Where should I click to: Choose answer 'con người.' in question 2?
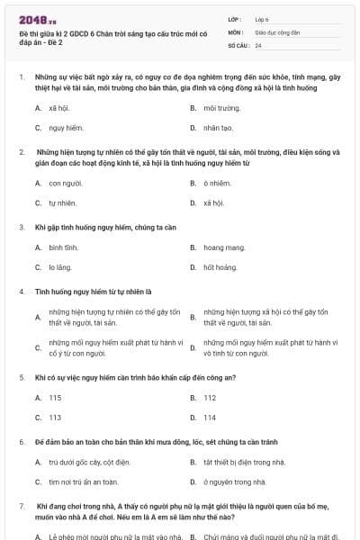coord(66,183)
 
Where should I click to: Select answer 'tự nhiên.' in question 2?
coord(63,202)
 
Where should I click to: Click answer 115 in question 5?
coord(56,397)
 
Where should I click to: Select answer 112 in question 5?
coord(210,397)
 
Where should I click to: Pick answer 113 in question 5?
coord(56,418)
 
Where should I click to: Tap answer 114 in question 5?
coord(210,418)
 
